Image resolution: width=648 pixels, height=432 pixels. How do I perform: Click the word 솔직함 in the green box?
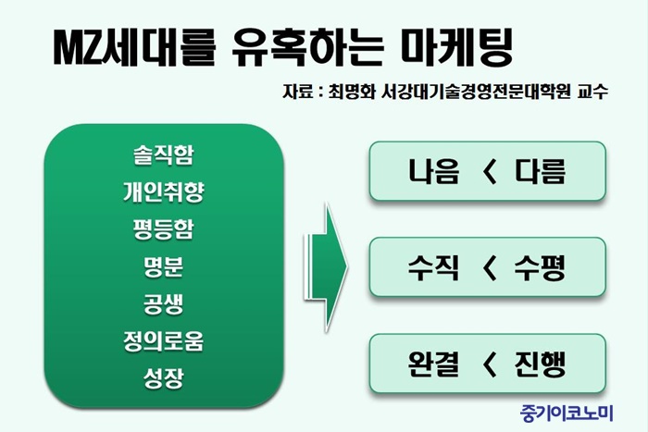coord(163,154)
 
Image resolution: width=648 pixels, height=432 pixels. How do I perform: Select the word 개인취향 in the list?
coord(163,192)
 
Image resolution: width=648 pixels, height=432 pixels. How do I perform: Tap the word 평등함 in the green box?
coord(163,229)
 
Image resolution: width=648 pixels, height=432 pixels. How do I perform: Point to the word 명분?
coord(163,266)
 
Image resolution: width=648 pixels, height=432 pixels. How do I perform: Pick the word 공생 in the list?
coord(163,304)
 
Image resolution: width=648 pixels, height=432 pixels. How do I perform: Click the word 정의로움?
coord(163,341)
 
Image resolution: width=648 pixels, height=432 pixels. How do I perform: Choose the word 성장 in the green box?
coord(163,378)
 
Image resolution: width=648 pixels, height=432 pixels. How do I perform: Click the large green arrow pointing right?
coord(326,267)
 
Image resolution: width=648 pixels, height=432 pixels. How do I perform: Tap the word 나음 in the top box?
coord(433,171)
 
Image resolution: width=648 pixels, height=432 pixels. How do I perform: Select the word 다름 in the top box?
coord(540,171)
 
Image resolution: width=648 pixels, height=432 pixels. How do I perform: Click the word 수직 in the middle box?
coord(433,267)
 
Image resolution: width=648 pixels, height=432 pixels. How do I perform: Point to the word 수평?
coord(540,267)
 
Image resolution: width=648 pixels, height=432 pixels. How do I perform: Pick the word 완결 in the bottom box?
coord(433,364)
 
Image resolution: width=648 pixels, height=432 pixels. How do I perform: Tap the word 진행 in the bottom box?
coord(540,364)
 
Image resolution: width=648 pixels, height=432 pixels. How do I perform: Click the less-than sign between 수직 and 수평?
coord(489,268)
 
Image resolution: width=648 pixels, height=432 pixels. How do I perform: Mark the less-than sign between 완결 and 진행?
coord(489,364)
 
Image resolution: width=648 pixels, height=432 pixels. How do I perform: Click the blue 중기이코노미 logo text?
coord(567,413)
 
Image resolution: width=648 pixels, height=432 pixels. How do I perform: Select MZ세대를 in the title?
coord(135,48)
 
